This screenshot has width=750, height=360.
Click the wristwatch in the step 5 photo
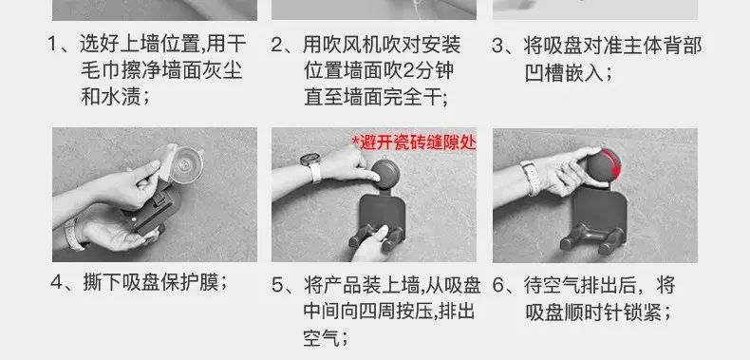point(311,166)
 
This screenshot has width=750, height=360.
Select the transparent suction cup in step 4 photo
point(184,164)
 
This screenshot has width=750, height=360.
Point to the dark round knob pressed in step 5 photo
point(385,174)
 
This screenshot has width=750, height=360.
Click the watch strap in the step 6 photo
point(530,178)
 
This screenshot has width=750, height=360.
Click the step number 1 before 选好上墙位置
point(53,45)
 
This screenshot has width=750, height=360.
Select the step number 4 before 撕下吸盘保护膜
point(56,283)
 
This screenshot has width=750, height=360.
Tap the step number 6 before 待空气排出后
point(498,286)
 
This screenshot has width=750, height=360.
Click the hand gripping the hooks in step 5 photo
point(369,244)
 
